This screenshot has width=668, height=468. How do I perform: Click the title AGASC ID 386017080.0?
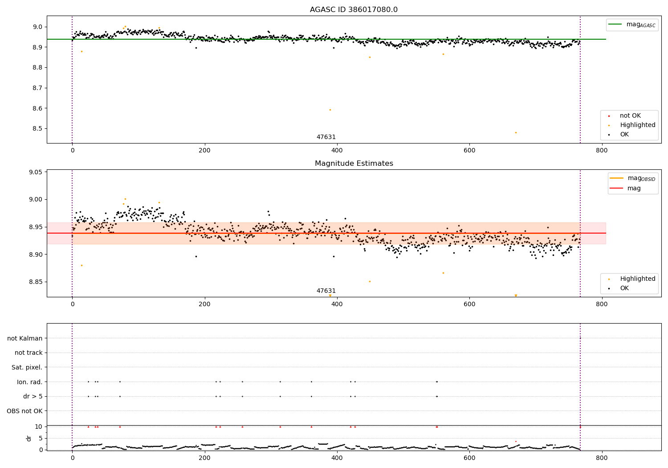[354, 10]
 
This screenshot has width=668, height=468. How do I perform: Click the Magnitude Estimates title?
[354, 164]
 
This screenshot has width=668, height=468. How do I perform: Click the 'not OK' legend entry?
[630, 116]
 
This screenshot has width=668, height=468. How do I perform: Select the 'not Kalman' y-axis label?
[25, 338]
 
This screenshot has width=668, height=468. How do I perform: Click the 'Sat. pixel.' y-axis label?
[27, 367]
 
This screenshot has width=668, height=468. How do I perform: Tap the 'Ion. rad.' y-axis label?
[30, 382]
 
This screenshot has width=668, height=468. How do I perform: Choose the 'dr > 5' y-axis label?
[33, 396]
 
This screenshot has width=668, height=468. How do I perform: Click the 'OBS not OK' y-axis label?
[24, 411]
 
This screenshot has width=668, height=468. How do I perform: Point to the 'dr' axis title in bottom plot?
[29, 438]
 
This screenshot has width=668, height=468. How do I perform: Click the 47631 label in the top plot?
[326, 137]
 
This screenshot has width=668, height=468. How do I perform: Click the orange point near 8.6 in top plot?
[330, 110]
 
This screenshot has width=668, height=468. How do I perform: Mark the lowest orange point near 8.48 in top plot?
[516, 132]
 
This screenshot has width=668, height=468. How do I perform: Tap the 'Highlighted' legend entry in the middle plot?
[637, 279]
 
